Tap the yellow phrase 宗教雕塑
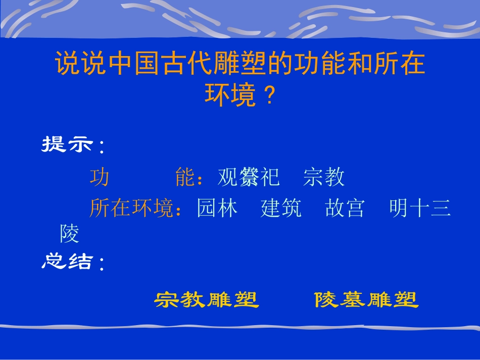[206, 300]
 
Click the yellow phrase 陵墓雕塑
[366, 300]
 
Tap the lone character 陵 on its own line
[69, 234]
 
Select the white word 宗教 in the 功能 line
[324, 177]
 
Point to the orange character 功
[100, 177]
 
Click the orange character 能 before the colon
[185, 177]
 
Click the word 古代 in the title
[186, 64]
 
